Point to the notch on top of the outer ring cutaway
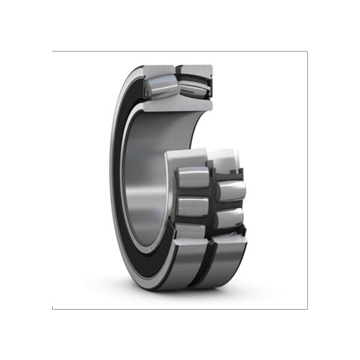(178, 65)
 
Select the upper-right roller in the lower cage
(230, 191)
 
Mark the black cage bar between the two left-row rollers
(192, 193)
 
